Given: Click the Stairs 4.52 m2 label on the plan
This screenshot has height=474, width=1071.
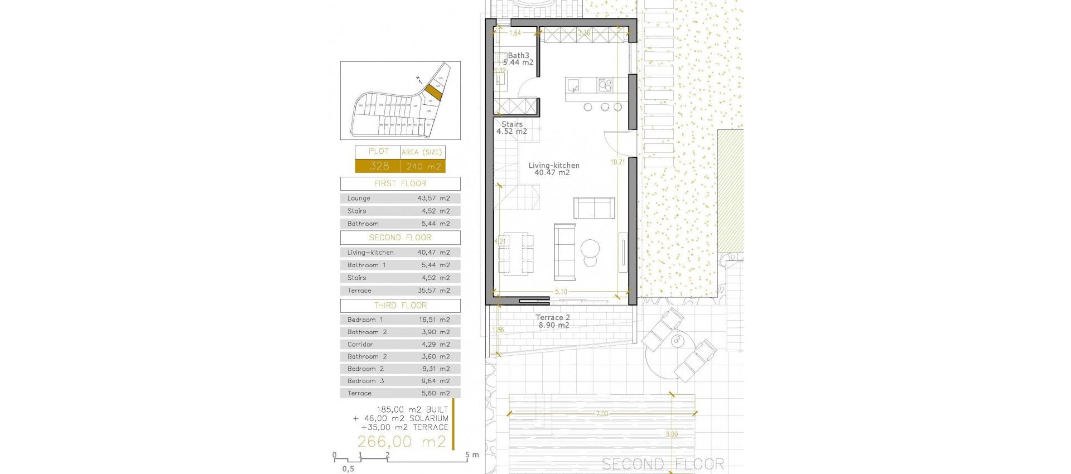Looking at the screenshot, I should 512,128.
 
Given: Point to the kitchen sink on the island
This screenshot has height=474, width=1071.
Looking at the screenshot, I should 573,85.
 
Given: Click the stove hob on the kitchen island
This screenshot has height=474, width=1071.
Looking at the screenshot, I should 605,85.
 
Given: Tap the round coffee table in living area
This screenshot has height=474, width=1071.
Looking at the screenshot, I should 590,247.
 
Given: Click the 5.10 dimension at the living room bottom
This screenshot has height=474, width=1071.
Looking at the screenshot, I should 561,292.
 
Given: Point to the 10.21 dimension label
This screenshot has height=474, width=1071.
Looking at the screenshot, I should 617,162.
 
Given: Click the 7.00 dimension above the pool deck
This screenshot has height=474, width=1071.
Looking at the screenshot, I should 602,414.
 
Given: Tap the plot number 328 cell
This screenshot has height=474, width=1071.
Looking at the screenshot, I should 378,166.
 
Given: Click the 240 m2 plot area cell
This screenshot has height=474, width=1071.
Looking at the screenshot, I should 423,166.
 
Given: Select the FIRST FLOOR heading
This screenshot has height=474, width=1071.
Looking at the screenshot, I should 400,183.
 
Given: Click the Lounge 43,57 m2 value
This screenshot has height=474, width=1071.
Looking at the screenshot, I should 433,199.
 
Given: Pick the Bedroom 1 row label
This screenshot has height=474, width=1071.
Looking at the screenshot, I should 365,320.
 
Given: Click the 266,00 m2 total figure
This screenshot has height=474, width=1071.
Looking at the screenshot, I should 402,442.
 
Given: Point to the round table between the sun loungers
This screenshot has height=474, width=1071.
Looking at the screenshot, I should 678,340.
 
